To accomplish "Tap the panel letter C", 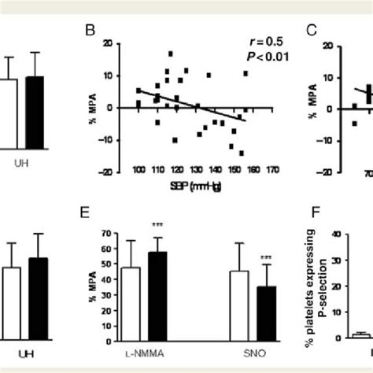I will coord(312,32).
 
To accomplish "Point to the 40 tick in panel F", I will coord(336,233).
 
